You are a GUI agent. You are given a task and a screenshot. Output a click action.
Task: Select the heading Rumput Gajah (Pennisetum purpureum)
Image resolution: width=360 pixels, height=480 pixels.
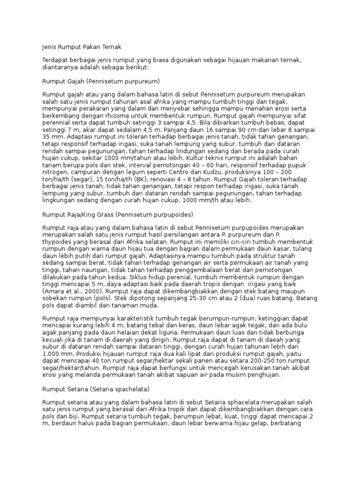[x=101, y=81]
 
